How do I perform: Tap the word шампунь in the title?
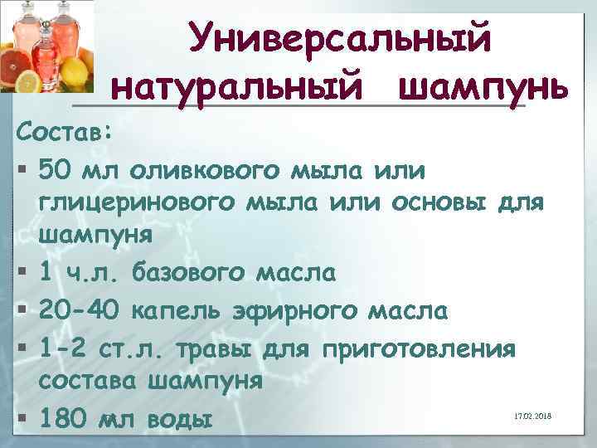pos(483,85)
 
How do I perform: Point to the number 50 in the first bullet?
pos(56,171)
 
